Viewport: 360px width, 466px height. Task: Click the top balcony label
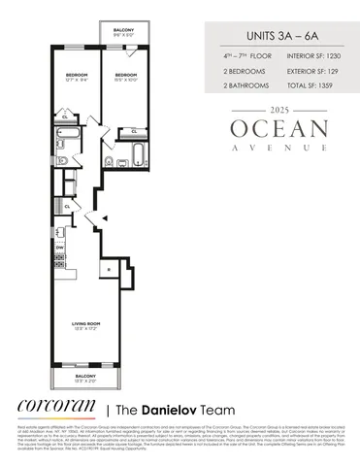click(122, 31)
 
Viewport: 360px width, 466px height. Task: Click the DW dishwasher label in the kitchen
click(58, 248)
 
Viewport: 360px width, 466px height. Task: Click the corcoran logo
click(54, 406)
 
